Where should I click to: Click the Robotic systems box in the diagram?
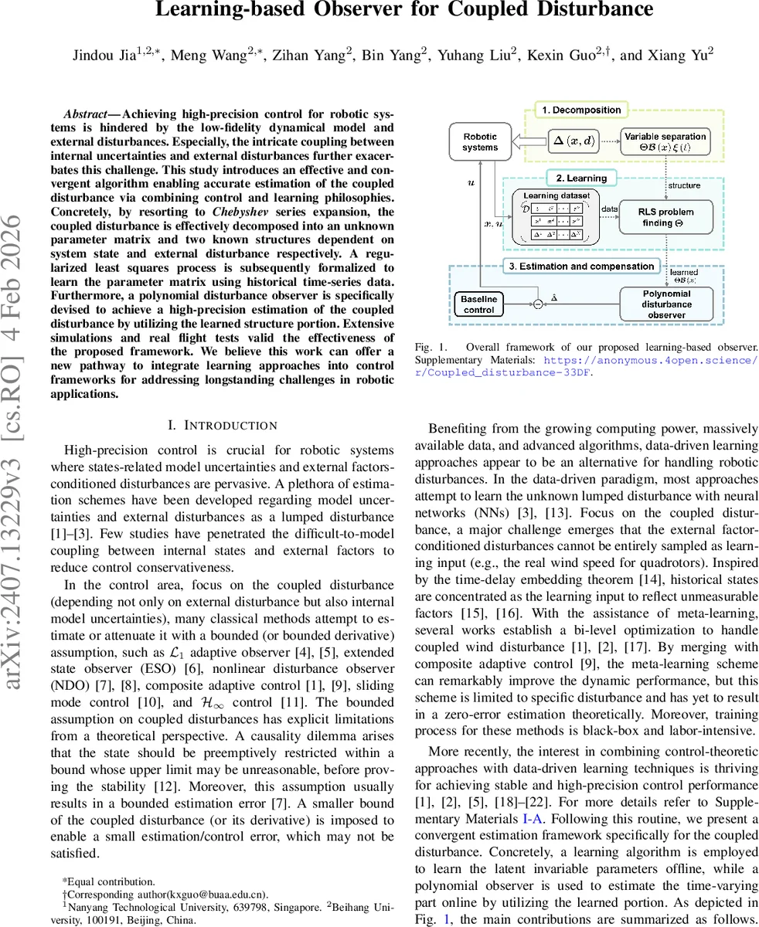click(x=480, y=142)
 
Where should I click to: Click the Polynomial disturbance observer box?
click(x=666, y=304)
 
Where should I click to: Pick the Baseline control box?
click(x=478, y=304)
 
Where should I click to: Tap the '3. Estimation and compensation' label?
click(x=591, y=267)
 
